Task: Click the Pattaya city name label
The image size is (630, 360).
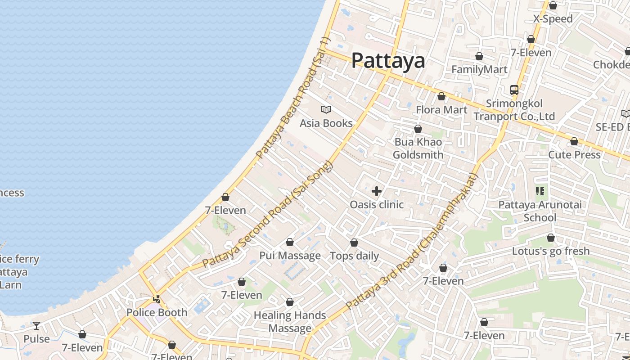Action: (x=388, y=60)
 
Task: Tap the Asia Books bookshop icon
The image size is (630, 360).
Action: (x=326, y=109)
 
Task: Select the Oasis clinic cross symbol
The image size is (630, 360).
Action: (x=377, y=191)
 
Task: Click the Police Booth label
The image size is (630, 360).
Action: (x=157, y=312)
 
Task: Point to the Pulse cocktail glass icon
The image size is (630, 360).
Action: (x=36, y=325)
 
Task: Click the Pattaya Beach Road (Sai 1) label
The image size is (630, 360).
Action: (x=293, y=99)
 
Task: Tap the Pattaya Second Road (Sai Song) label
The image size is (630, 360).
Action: (x=267, y=214)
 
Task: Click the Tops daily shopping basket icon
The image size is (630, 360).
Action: (x=354, y=243)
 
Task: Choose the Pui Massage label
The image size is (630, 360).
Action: (x=290, y=256)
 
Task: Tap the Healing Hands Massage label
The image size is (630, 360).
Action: (x=290, y=322)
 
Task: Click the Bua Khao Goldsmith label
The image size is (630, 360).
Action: (x=418, y=148)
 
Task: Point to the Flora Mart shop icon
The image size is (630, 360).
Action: (x=441, y=96)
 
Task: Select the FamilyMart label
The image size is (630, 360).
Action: (x=479, y=69)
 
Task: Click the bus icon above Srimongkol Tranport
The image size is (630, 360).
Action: (x=514, y=90)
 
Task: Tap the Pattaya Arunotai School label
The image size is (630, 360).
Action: (x=540, y=211)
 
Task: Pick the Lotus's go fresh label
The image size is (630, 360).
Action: (x=551, y=251)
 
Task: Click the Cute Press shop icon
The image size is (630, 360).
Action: (x=574, y=141)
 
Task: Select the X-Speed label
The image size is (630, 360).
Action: (x=553, y=19)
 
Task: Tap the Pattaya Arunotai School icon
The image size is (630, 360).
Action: (x=540, y=191)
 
